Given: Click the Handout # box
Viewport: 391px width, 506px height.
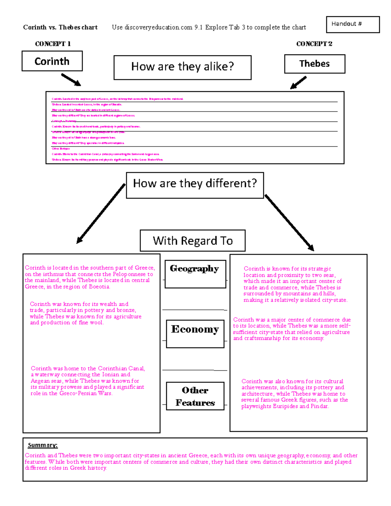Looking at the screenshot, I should (353, 24).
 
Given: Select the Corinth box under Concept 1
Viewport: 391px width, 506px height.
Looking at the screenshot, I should (52, 61).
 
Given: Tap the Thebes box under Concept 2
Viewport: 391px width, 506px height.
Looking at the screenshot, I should (314, 64).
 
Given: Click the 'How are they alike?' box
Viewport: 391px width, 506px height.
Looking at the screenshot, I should (182, 67).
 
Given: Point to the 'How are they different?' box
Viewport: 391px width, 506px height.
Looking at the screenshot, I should (195, 185).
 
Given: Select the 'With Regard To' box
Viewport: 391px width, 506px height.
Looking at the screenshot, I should (193, 241).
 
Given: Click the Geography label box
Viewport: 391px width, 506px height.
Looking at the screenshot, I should (195, 274).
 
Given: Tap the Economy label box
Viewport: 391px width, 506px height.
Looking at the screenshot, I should (195, 334).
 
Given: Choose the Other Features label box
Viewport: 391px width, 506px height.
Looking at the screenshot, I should (195, 396).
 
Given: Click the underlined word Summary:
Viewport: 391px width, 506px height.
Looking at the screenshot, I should (43, 445).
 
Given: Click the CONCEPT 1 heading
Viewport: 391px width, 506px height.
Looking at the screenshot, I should (53, 44).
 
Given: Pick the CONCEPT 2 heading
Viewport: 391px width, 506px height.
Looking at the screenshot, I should (314, 44).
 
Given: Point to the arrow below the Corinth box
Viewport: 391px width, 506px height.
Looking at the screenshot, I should (71, 80).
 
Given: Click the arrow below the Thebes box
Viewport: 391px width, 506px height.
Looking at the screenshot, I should (298, 82).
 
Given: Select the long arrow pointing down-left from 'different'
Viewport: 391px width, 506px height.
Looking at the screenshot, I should (101, 214).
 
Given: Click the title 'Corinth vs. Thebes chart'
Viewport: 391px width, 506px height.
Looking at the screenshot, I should (60, 28).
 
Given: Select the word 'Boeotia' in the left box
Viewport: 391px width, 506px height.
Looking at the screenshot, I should (99, 287).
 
